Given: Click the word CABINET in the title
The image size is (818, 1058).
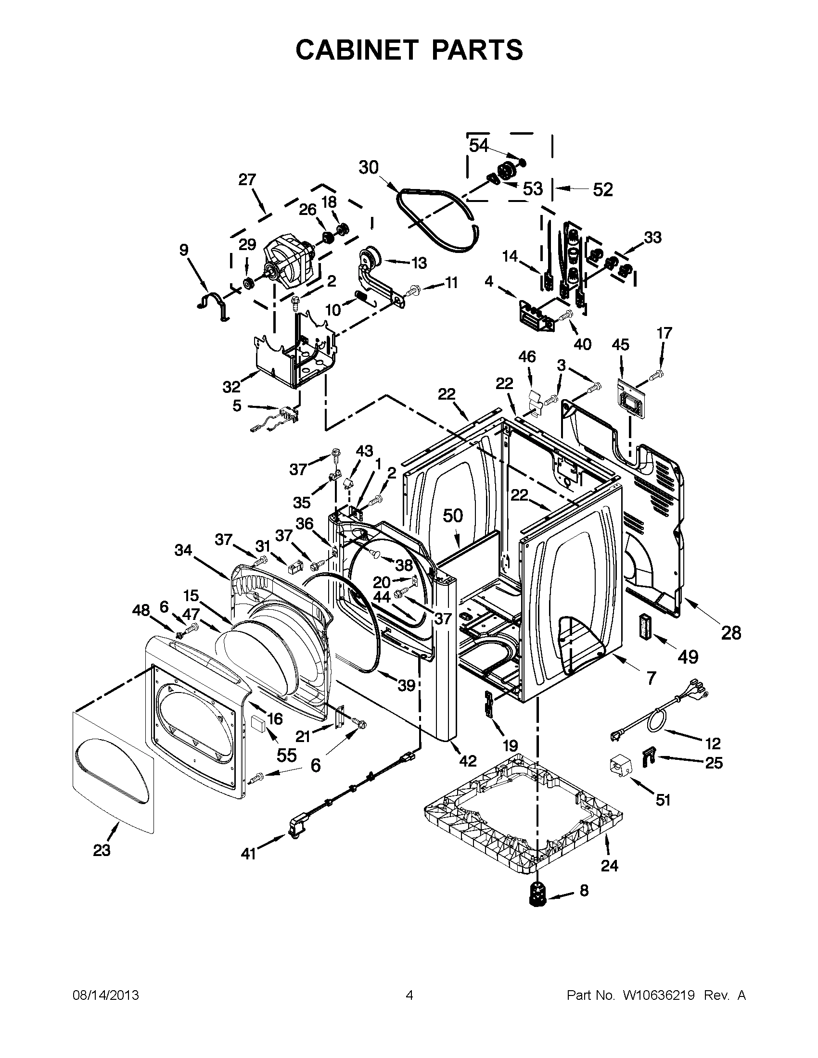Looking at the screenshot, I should coord(357,50).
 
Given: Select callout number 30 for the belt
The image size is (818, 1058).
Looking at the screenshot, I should coord(368,168).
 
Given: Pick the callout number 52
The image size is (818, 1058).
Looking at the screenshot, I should coord(603,189).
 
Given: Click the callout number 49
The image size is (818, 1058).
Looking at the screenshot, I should coord(688,656).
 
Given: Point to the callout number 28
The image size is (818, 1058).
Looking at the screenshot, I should coord(731,633).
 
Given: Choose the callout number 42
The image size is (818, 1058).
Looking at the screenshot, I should coord(467,761).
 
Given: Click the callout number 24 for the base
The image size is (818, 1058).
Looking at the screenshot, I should coord(609,865).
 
